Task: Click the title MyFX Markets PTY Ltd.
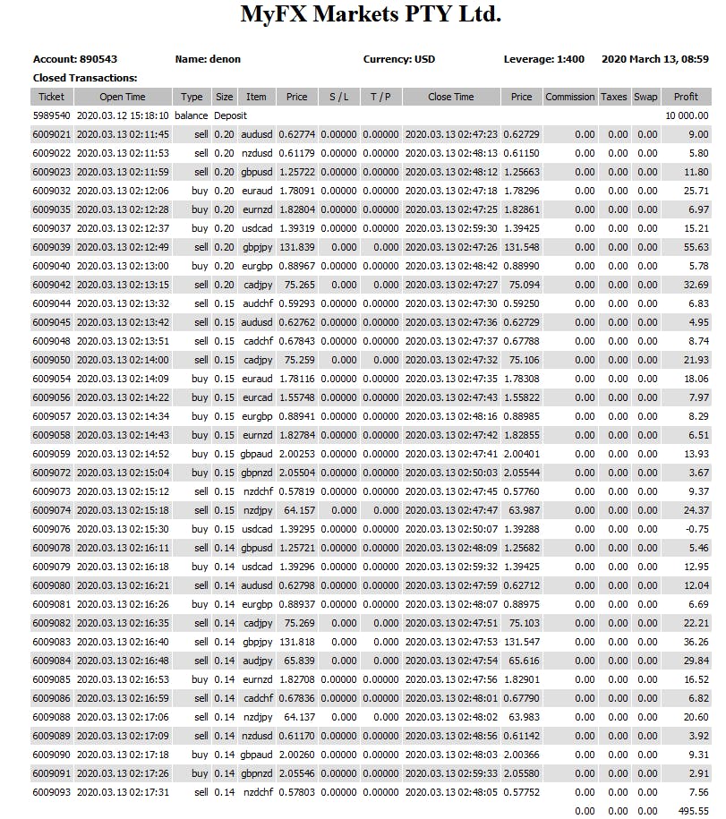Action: tap(371, 15)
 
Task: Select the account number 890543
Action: tap(98, 59)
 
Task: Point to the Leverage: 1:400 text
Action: tap(543, 59)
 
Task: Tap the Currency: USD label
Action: tap(399, 59)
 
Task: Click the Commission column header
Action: tap(569, 97)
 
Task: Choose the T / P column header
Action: tap(380, 97)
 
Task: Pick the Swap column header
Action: tap(645, 97)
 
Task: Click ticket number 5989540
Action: tap(51, 115)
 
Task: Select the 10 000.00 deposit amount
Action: tap(686, 115)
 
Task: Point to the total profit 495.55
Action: tap(692, 811)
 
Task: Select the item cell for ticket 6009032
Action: tap(256, 191)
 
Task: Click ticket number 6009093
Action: tap(51, 792)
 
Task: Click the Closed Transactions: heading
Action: tap(85, 78)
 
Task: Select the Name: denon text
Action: tap(208, 59)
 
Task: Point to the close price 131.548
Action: tap(521, 247)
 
